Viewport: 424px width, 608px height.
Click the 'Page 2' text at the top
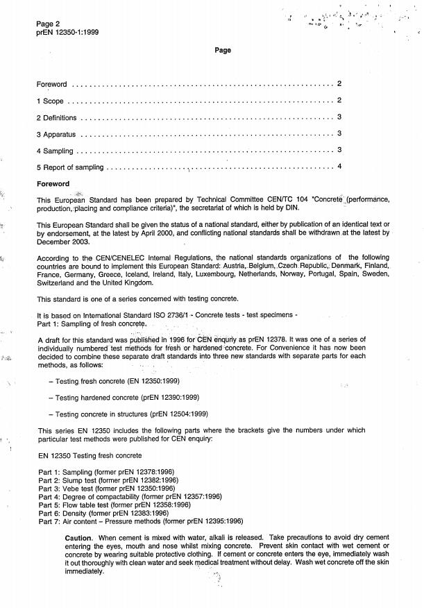[49, 24]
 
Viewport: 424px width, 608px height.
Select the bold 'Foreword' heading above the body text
[53, 184]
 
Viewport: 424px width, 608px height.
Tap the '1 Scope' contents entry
[50, 101]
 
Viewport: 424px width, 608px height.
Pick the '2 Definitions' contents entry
[57, 117]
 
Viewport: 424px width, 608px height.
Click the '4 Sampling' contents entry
[55, 150]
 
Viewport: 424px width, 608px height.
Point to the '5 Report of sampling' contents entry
[70, 167]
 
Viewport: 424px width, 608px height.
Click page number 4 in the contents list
[339, 166]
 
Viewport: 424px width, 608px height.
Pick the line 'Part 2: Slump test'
[108, 479]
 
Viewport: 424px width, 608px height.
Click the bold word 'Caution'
[78, 539]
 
